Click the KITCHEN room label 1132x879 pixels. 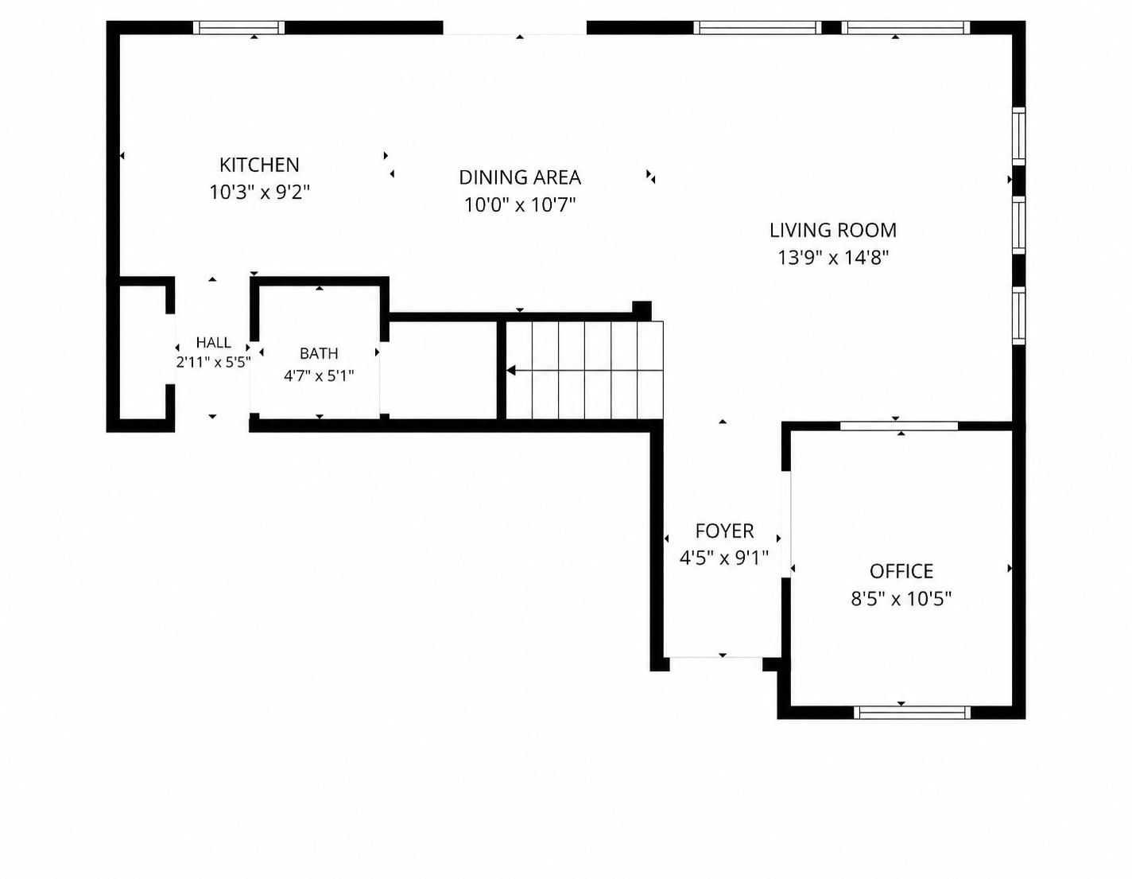pos(259,165)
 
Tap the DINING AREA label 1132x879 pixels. pos(519,177)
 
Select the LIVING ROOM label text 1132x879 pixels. pos(832,230)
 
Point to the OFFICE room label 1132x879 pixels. pos(901,571)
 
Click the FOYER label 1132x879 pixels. pos(724,531)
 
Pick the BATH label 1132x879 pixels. pos(318,353)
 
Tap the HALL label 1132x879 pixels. pos(213,342)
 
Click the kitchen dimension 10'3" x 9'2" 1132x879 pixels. pos(259,193)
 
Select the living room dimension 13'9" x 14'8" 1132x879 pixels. pos(832,258)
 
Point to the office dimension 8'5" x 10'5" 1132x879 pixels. pos(901,599)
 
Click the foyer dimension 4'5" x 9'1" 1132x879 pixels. pos(724,558)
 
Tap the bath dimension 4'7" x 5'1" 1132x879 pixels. pos(318,375)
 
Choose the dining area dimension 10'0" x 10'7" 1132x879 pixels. pos(519,204)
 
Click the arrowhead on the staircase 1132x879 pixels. pos(511,371)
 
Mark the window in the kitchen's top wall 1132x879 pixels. pos(238,28)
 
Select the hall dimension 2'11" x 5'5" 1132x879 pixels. pos(213,362)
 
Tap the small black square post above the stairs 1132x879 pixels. pos(642,310)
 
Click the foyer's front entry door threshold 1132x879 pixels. pos(716,658)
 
